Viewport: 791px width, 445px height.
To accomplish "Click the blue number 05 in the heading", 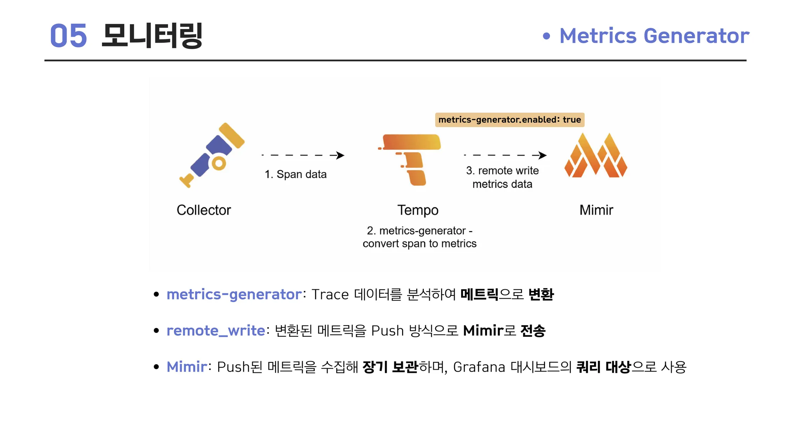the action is (68, 36).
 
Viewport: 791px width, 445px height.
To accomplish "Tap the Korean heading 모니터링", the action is (152, 36).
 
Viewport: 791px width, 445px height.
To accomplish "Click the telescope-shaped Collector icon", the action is (212, 155).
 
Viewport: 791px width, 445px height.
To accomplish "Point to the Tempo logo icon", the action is (410, 160).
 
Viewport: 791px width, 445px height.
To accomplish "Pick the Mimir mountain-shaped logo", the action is (596, 155).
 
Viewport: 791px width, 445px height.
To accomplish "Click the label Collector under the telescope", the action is (204, 210).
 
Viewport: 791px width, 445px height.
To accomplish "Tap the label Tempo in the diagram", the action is (418, 210).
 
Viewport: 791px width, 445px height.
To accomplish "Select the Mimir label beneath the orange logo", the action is (596, 210).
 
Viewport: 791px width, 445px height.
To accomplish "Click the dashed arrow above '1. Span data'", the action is (303, 155).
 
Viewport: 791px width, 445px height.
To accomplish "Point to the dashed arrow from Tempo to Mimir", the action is (505, 155).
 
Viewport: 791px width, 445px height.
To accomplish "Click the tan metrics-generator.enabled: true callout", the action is (510, 120).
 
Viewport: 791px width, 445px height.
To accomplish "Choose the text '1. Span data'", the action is (295, 174).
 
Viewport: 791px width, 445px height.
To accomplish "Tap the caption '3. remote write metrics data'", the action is (502, 177).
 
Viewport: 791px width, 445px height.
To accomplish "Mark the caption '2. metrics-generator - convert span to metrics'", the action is (419, 237).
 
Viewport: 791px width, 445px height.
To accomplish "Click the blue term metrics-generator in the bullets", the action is (234, 294).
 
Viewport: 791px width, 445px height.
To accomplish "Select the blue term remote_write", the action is (216, 331).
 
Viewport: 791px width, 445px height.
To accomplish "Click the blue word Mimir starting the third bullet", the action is (187, 367).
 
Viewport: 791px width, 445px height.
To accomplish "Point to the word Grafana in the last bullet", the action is (479, 367).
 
